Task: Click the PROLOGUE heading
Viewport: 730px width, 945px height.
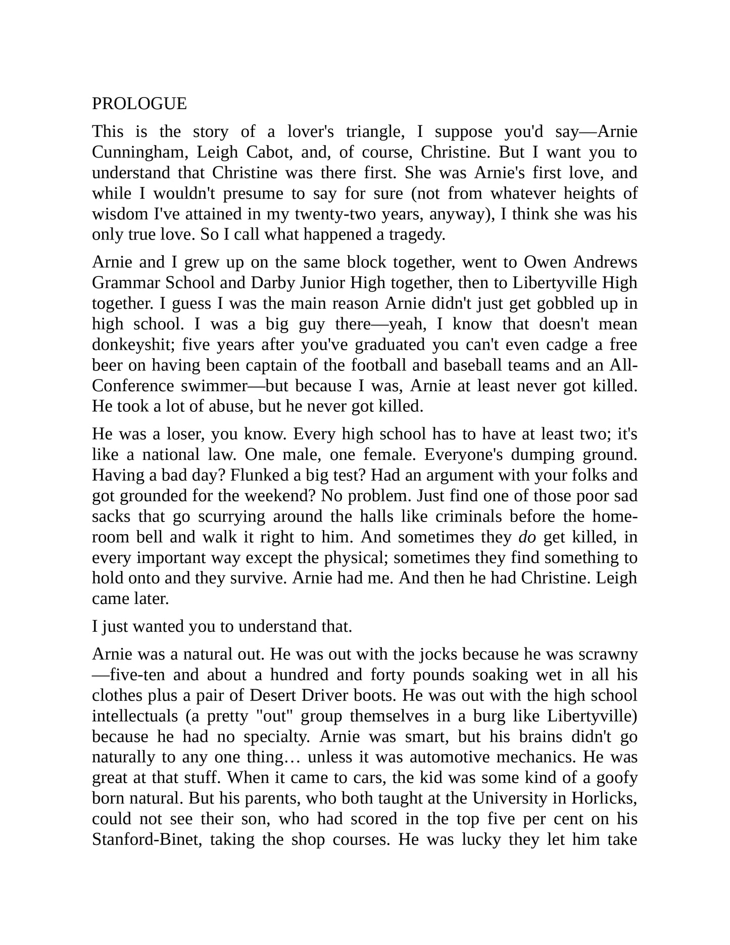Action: pos(139,104)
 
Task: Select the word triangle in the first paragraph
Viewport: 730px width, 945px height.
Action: pos(374,131)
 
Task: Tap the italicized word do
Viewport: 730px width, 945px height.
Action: pos(527,537)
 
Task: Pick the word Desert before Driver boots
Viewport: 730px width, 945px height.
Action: pos(273,695)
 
